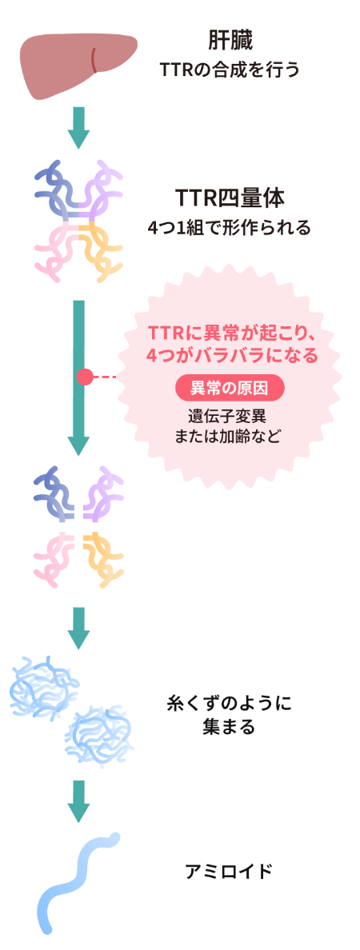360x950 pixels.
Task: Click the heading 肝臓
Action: tap(230, 40)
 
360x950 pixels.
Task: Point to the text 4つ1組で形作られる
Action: tap(230, 228)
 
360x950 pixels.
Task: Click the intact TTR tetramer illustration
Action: tap(78, 220)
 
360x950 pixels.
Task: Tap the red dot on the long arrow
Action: tap(83, 376)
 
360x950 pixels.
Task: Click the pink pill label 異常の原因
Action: tap(230, 389)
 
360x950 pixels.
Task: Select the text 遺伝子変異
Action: tap(230, 417)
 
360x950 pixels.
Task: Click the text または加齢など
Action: tap(230, 437)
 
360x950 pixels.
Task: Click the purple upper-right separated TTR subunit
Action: tap(102, 493)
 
